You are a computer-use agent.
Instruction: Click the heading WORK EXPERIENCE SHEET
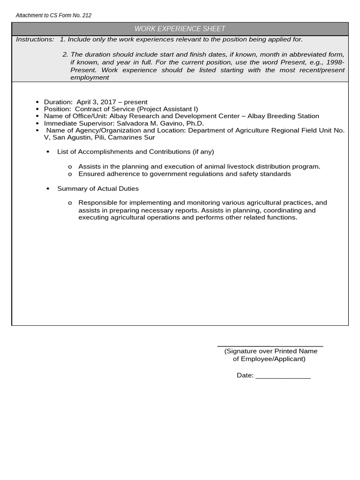click(x=180, y=29)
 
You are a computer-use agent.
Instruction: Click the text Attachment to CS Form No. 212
click(x=53, y=15)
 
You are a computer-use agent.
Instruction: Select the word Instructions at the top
click(x=35, y=39)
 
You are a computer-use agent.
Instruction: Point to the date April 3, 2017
click(x=99, y=102)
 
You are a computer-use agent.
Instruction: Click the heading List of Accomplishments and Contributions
click(x=135, y=152)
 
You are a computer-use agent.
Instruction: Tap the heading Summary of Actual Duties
click(x=98, y=188)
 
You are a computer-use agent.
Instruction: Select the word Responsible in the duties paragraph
click(x=97, y=202)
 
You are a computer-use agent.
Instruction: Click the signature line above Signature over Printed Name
click(x=270, y=346)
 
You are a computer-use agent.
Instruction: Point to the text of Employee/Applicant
click(x=269, y=359)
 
